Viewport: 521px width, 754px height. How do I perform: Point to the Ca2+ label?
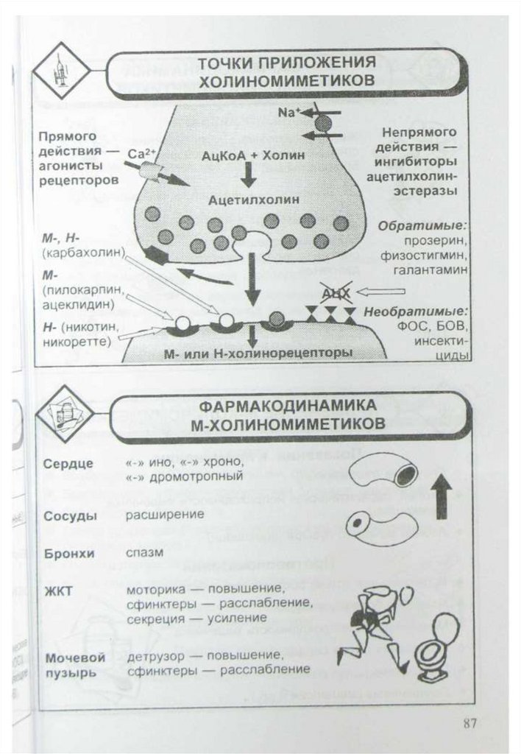pos(140,155)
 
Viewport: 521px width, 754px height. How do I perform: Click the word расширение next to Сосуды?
pos(165,514)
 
